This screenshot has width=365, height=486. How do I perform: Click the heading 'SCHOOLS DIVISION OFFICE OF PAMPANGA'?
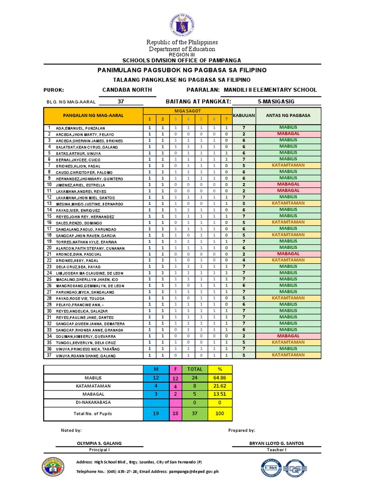click(182, 60)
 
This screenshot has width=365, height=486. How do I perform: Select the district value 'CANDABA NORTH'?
click(127, 90)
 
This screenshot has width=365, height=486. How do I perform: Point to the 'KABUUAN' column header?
click(244, 115)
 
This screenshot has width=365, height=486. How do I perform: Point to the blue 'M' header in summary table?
click(156, 369)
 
